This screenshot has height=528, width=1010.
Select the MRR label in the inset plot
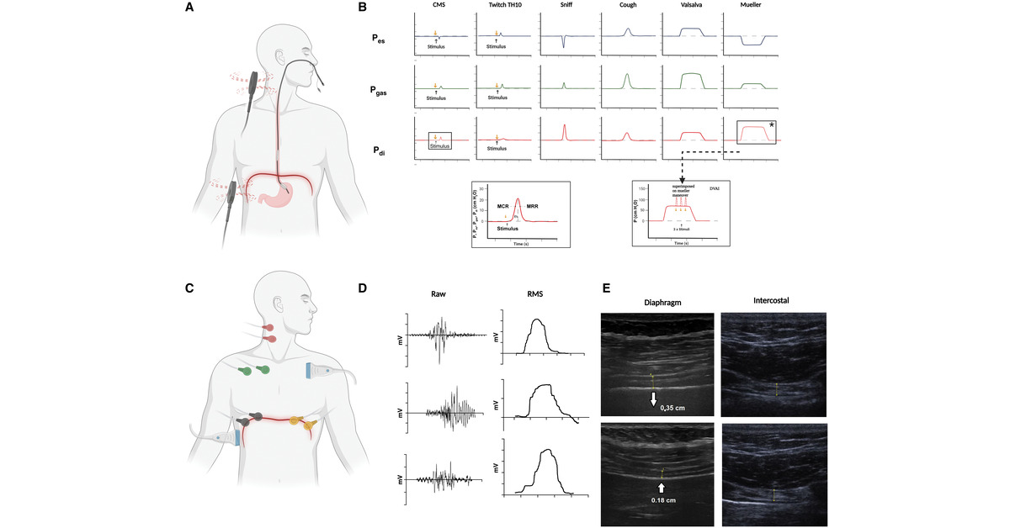tap(532, 206)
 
